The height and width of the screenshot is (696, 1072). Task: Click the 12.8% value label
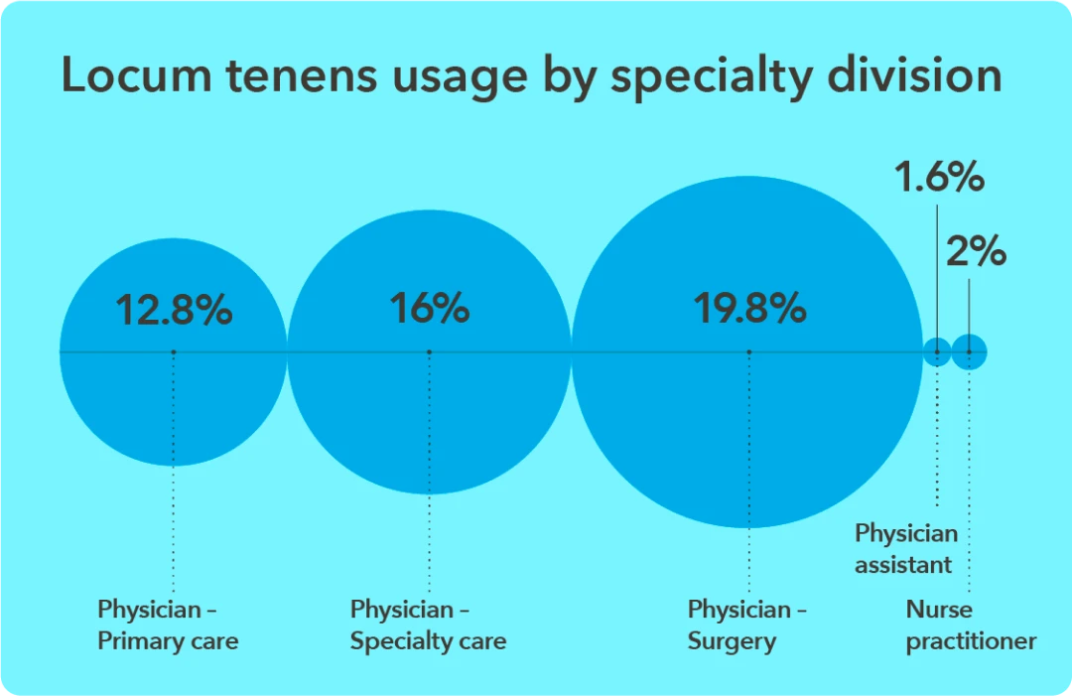174,311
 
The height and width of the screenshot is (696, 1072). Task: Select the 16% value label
429,309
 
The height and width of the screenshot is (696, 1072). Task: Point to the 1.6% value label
939,180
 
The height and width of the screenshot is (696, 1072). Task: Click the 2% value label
976,252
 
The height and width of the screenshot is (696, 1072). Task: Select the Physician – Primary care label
168,625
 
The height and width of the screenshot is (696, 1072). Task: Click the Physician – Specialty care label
428,625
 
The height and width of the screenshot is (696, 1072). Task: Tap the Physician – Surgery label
747,625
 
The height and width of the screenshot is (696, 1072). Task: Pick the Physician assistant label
906,548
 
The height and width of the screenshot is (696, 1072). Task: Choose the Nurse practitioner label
971,625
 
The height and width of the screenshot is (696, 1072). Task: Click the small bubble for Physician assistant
936,351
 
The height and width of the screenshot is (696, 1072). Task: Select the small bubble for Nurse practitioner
969,351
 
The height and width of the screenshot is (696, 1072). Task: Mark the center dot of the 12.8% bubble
174,351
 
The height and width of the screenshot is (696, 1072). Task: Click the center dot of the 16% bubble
429,351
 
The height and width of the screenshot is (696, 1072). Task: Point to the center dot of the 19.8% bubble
749,351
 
